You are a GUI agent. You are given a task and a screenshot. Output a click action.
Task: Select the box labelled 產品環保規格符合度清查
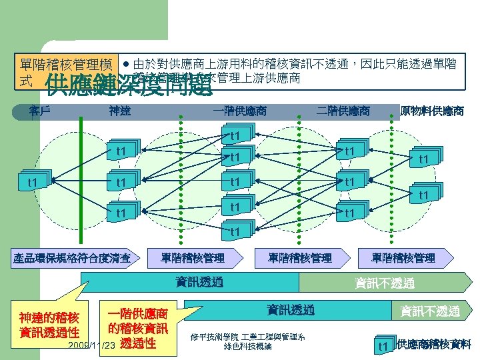(77, 257)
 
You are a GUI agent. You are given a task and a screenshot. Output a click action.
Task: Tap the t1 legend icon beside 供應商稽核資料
(383, 345)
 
